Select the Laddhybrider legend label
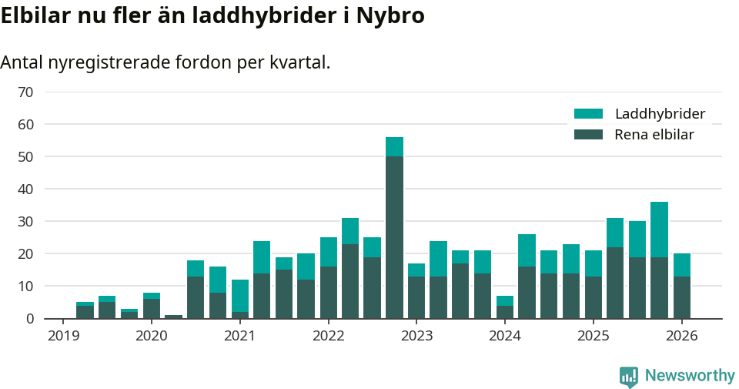660,114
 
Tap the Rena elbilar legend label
654,135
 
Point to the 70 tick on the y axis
25,92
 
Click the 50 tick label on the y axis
25,157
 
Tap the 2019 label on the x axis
62,336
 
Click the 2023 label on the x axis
416,336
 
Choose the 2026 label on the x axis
681,336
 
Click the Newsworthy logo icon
628,376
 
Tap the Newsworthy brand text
690,376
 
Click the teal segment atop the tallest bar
394,147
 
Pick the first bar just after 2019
85,310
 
